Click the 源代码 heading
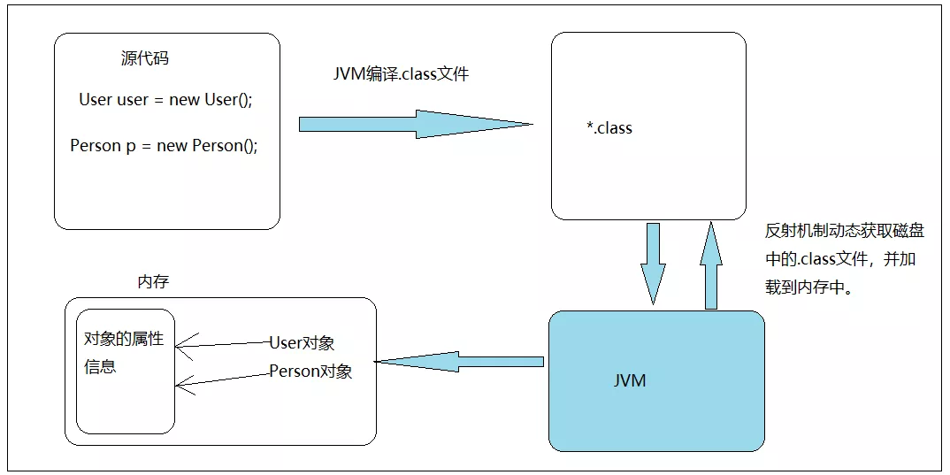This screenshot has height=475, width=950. [145, 58]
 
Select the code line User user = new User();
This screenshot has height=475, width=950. [165, 99]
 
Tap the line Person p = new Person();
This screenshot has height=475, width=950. [164, 145]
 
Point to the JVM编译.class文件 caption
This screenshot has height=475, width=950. [401, 74]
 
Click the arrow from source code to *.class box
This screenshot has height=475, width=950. [417, 124]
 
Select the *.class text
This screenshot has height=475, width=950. [609, 128]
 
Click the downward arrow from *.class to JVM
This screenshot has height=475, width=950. [653, 264]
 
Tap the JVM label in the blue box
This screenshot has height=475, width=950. [630, 380]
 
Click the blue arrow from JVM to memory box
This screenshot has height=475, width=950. [459, 362]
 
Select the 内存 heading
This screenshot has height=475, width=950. [153, 282]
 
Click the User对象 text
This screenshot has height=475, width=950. [302, 343]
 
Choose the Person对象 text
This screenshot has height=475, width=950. [310, 371]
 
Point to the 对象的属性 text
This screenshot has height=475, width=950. [124, 339]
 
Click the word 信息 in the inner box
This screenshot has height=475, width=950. [100, 366]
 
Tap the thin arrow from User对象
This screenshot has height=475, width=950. [222, 345]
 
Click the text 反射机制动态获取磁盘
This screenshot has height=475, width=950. [845, 232]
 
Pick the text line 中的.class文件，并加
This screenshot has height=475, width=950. [840, 259]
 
